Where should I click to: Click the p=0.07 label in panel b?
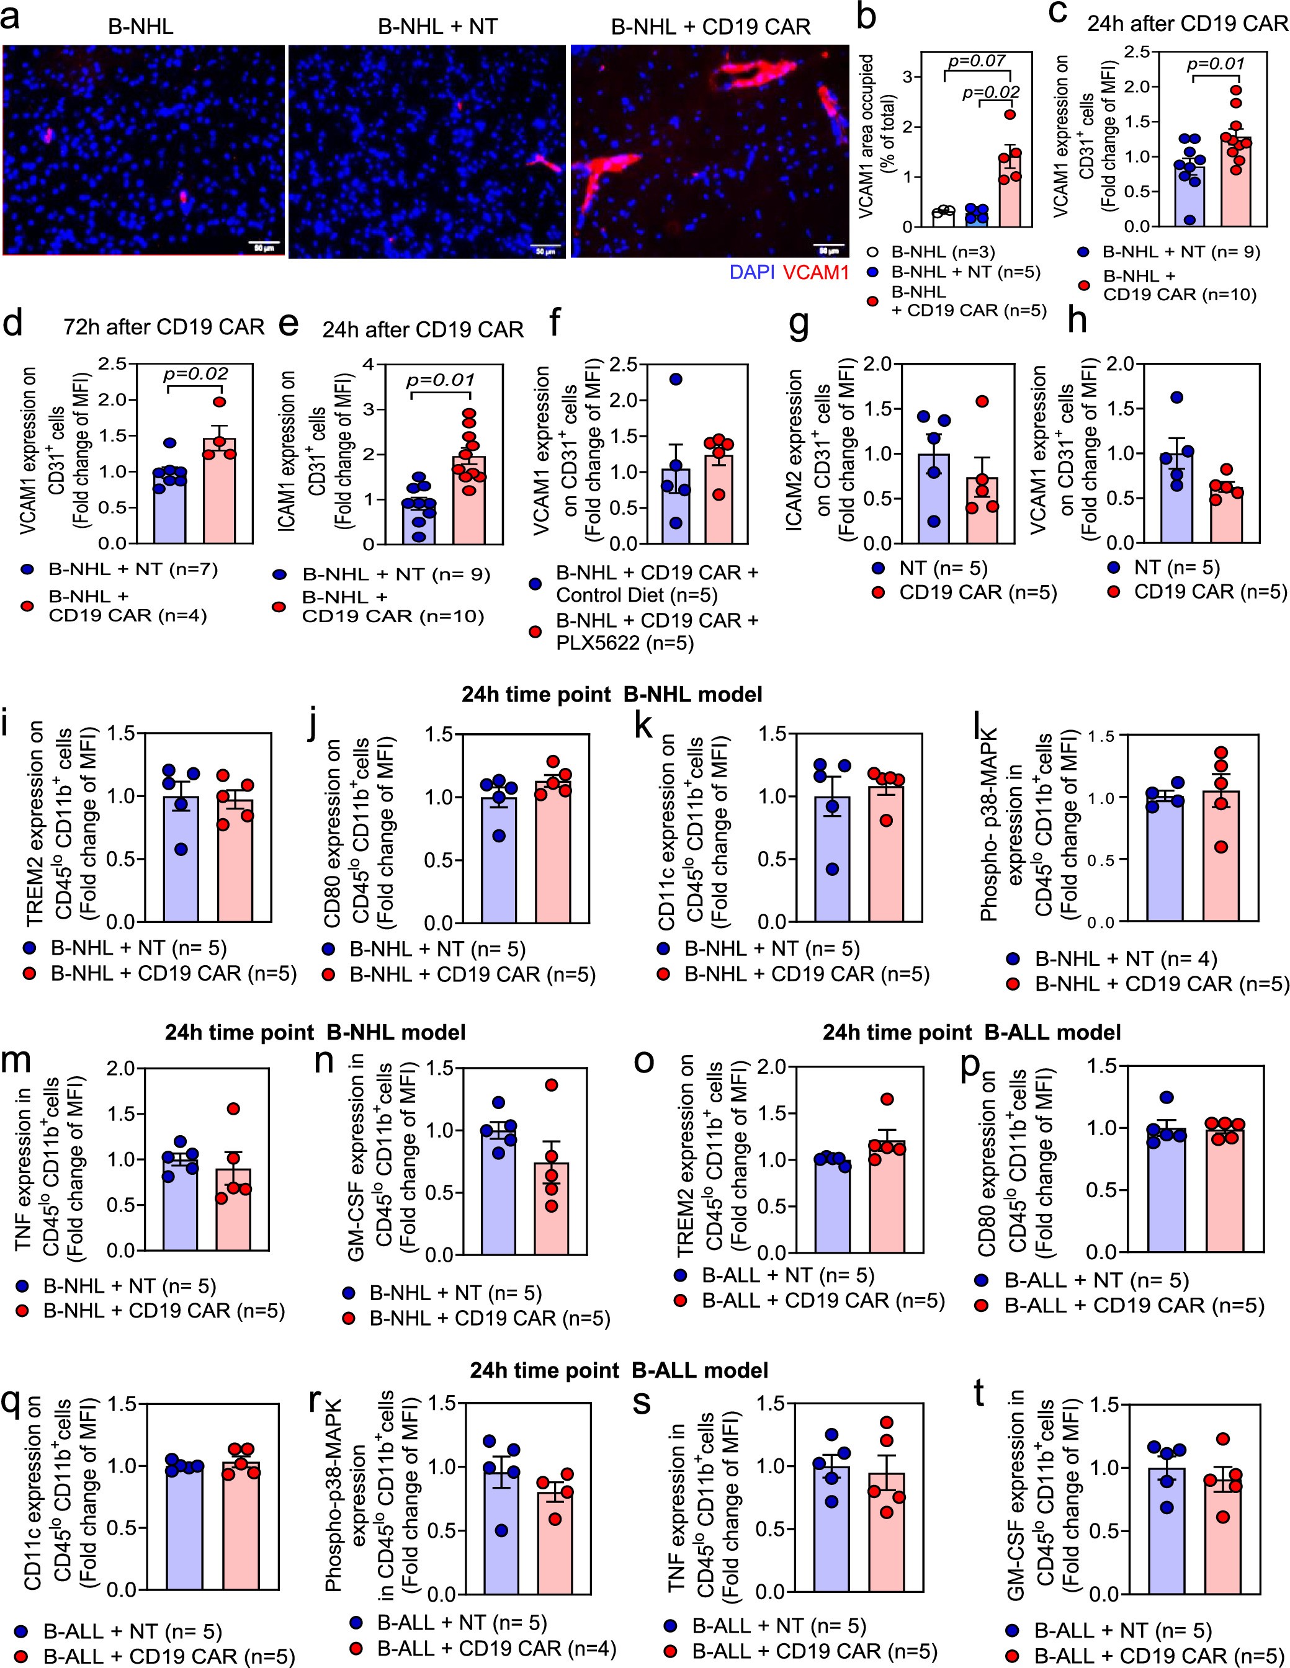tap(977, 60)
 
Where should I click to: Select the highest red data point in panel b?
tap(1010, 115)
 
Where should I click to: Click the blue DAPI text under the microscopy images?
tap(751, 273)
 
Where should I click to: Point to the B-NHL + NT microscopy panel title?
tap(437, 27)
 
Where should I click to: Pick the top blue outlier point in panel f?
tap(675, 379)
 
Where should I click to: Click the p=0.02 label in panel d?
tap(195, 373)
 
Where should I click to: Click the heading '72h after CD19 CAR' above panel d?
tap(164, 327)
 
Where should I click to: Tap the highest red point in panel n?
tap(552, 1084)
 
